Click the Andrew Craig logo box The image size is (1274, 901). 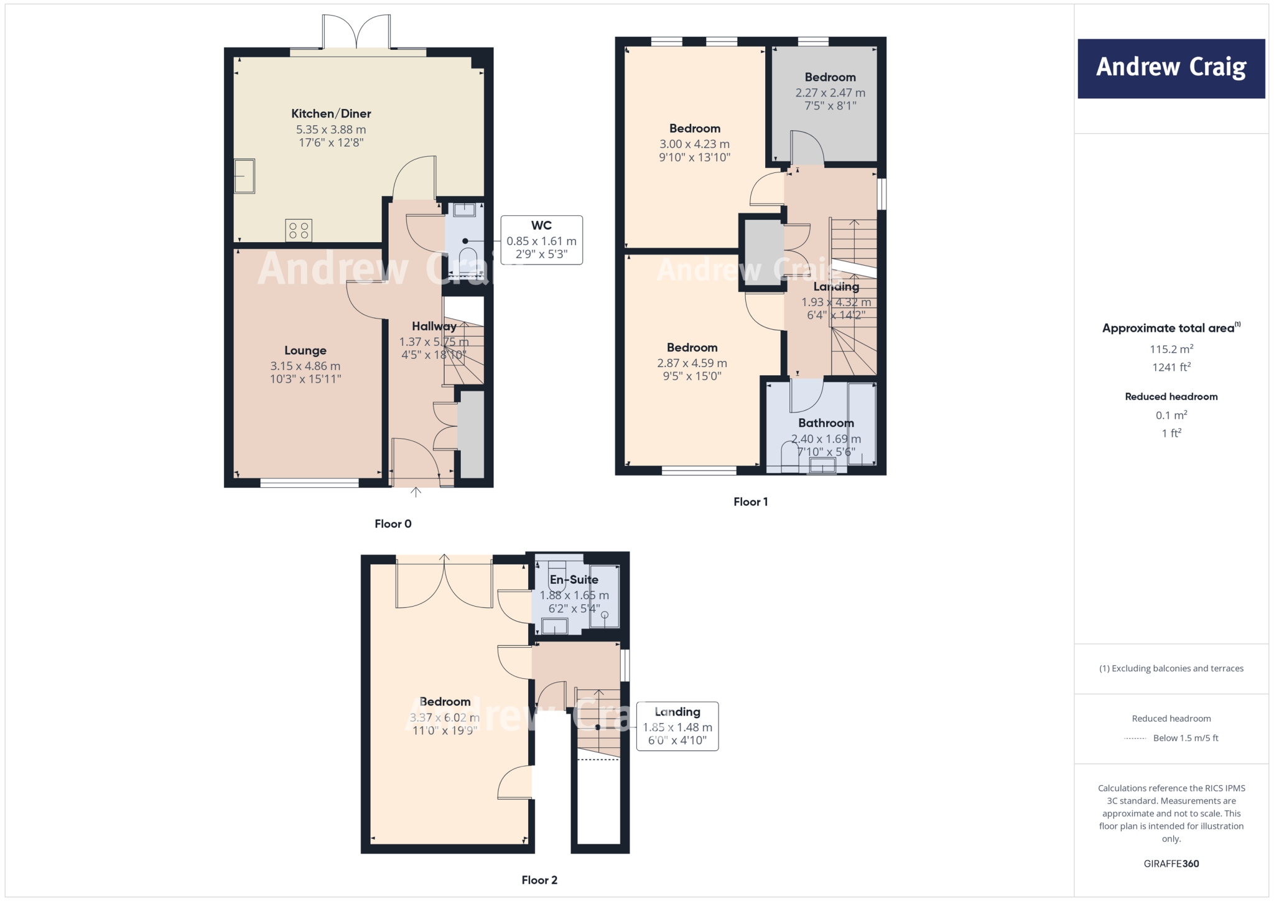click(1171, 68)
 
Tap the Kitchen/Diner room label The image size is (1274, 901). click(331, 114)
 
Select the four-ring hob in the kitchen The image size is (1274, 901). click(299, 230)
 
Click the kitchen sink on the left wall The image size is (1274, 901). click(244, 176)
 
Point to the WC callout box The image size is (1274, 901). click(541, 240)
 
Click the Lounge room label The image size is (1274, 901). click(305, 351)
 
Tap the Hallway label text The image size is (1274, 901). click(434, 327)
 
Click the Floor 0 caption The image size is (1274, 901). click(393, 524)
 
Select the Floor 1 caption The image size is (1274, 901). click(750, 502)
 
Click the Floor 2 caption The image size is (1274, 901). click(539, 880)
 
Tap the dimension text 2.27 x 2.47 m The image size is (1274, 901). click(830, 93)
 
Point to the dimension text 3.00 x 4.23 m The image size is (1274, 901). click(694, 144)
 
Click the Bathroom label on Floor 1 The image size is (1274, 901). click(825, 423)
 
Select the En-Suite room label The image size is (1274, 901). click(574, 580)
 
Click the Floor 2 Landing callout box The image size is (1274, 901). click(677, 726)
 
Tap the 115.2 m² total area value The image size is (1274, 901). click(1171, 349)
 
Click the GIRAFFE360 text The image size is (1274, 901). click(1171, 864)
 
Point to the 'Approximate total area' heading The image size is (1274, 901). click(1168, 328)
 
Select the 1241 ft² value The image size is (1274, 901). click(1171, 367)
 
